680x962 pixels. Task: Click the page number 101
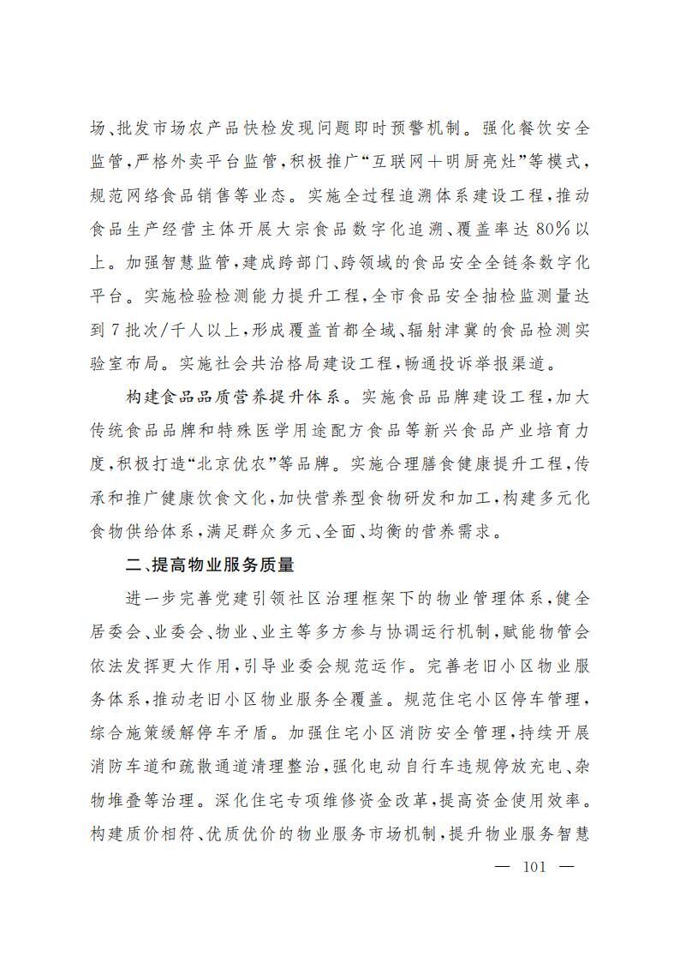[x=533, y=866]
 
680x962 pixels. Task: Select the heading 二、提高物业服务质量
[x=210, y=565]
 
